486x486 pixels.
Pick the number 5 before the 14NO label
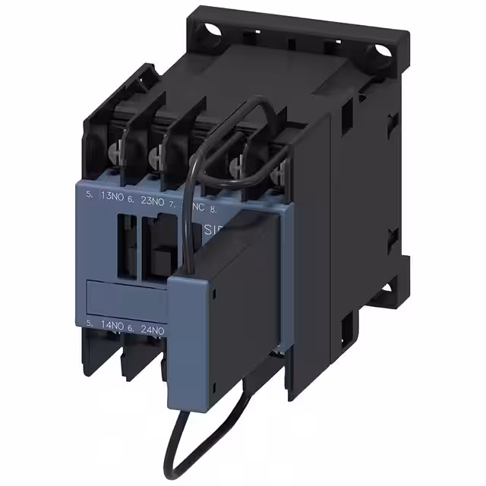tap(89, 323)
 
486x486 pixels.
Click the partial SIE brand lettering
tap(210, 229)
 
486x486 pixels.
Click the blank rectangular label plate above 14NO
tap(125, 296)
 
